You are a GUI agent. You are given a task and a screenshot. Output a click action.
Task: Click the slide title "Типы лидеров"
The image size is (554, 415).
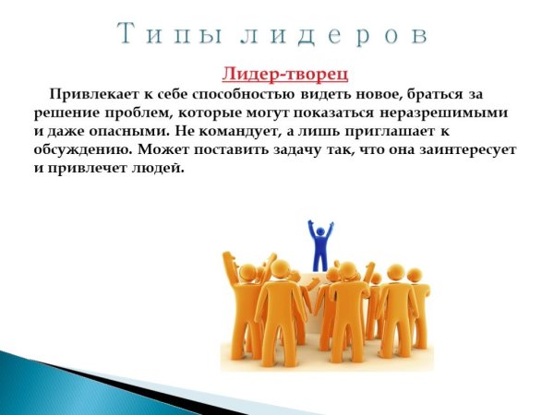click(x=274, y=34)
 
